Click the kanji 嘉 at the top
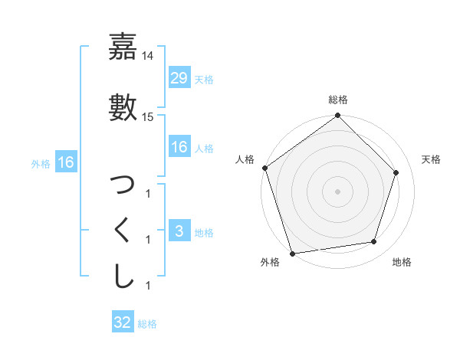pyautogui.click(x=123, y=47)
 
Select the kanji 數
pyautogui.click(x=123, y=106)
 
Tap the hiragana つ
pyautogui.click(x=123, y=185)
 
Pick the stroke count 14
pyautogui.click(x=148, y=56)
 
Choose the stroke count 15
pyautogui.click(x=148, y=117)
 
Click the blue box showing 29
pyautogui.click(x=179, y=78)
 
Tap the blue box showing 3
pyautogui.click(x=179, y=232)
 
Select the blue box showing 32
pyautogui.click(x=123, y=322)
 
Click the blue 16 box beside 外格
pyautogui.click(x=65, y=162)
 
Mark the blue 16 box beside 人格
pyautogui.click(x=179, y=147)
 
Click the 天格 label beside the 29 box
pyautogui.click(x=204, y=79)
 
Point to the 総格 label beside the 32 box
pyautogui.click(x=147, y=323)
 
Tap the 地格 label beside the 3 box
pyautogui.click(x=204, y=233)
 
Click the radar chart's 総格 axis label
pyautogui.click(x=338, y=100)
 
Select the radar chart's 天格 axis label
pyautogui.click(x=431, y=159)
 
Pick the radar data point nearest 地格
pyautogui.click(x=374, y=242)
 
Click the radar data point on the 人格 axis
pyautogui.click(x=265, y=168)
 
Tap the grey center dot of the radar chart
pyautogui.click(x=338, y=191)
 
